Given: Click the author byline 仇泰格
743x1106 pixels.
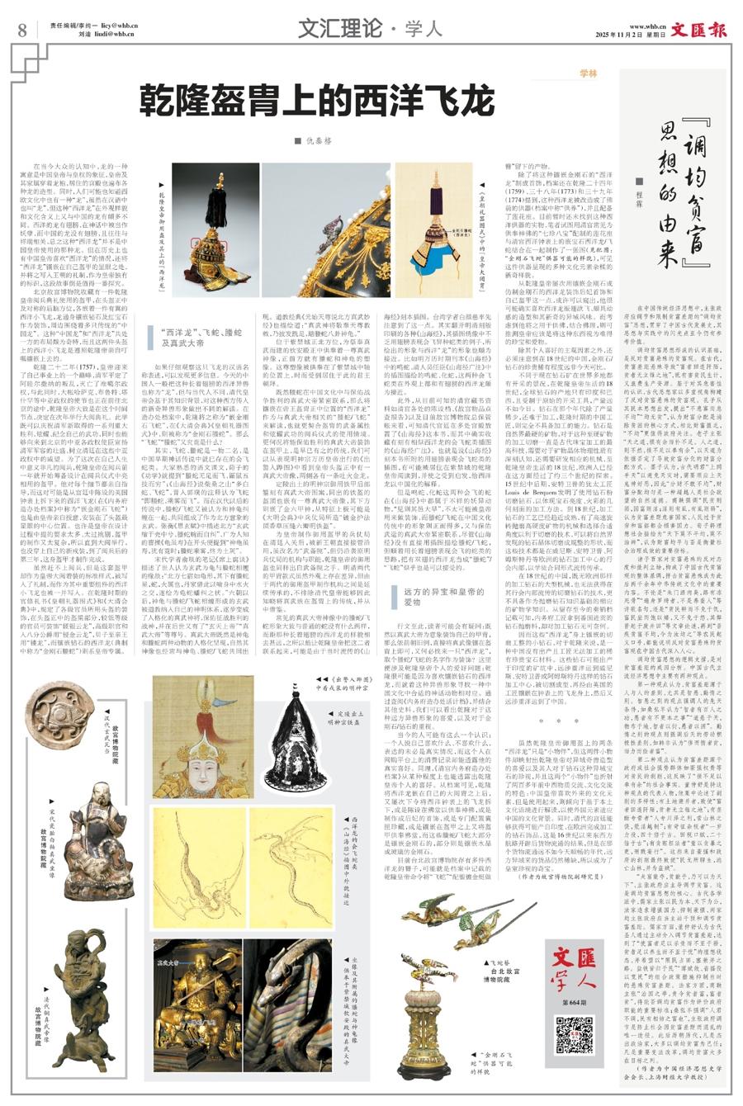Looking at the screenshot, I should [x=317, y=141].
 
